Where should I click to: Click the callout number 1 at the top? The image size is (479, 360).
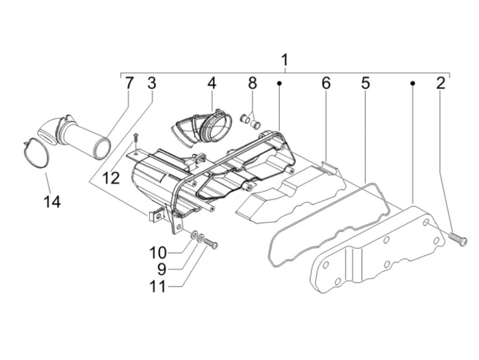(x=285, y=60)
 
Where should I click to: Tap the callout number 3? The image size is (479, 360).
(x=152, y=83)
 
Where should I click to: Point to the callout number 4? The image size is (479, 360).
(x=212, y=83)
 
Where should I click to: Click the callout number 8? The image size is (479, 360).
(x=252, y=83)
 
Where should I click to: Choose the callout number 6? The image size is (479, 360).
(x=326, y=83)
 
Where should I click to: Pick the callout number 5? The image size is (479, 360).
(x=366, y=83)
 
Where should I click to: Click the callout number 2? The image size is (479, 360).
(x=440, y=83)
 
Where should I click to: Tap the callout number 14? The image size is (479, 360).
(x=52, y=202)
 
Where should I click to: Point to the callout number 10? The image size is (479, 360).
(x=158, y=253)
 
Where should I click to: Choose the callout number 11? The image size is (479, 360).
(x=158, y=286)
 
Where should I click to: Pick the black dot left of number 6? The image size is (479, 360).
(x=279, y=83)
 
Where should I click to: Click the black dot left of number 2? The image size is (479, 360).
(x=413, y=83)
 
